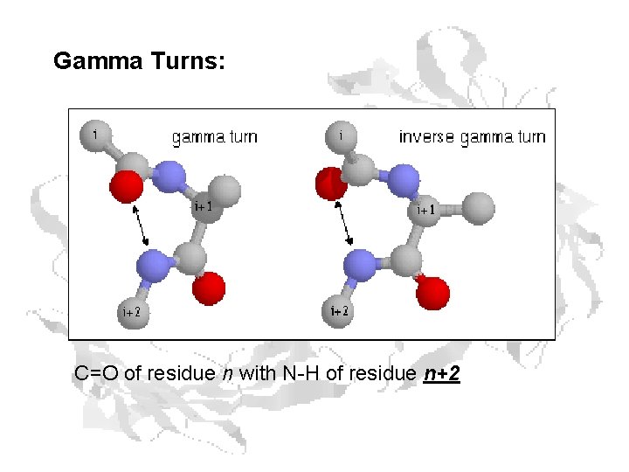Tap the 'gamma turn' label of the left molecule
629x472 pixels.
click(214, 137)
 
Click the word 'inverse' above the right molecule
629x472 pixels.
click(425, 137)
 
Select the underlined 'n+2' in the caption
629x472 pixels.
click(441, 374)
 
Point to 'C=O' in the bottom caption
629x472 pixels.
click(96, 374)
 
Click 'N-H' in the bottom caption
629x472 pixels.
click(302, 374)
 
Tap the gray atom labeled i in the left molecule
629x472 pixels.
click(94, 135)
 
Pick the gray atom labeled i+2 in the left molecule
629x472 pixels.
click(133, 311)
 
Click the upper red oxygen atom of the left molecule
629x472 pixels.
click(126, 186)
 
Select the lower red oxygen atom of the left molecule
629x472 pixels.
click(210, 288)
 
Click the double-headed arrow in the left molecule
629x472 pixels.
click(141, 225)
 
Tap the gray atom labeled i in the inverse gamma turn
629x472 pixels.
click(341, 136)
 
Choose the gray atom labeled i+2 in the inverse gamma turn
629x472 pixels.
click(339, 311)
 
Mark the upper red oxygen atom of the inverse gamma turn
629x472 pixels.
click(330, 184)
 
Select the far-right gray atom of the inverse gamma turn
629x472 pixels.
click(478, 208)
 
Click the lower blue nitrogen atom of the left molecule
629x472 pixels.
click(153, 263)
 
